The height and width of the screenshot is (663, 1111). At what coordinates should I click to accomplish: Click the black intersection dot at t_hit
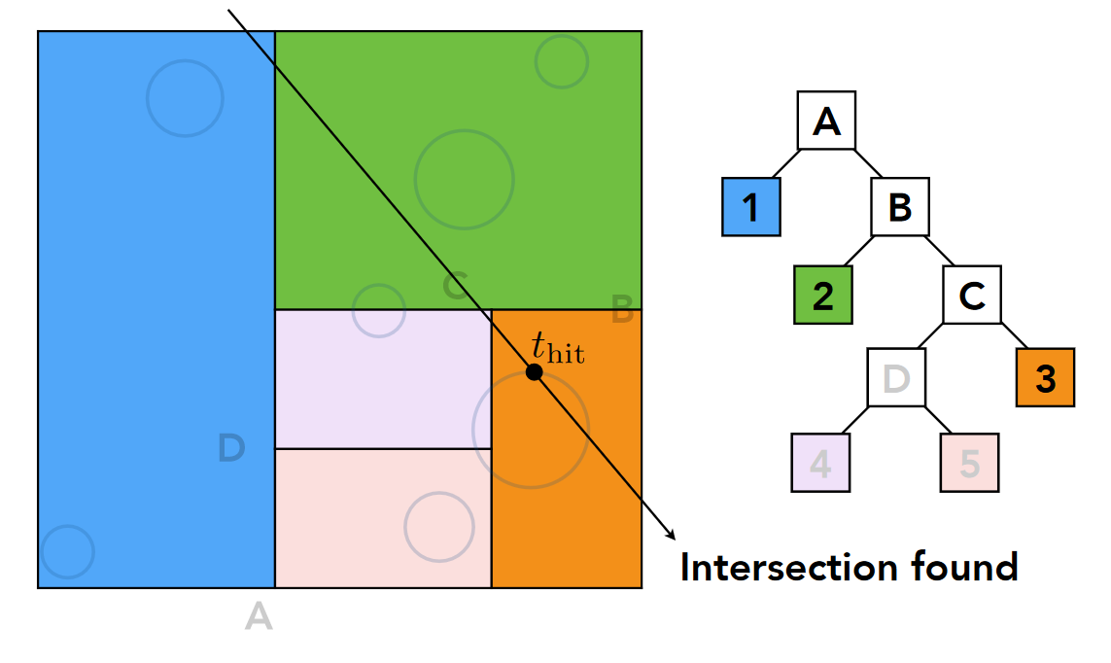pos(534,372)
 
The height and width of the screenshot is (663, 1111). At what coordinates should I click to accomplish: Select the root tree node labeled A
pos(826,122)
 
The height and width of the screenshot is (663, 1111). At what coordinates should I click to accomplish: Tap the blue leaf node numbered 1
pos(751,207)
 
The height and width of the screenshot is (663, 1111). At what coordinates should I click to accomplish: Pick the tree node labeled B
pos(899,207)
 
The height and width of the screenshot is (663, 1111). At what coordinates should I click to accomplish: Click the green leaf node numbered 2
pos(823,295)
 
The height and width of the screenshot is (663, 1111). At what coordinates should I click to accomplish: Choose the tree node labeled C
pos(972,295)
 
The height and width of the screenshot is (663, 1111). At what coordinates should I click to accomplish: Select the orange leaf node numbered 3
pos(1045,378)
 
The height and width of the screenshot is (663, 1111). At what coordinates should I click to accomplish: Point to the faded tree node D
pos(896,378)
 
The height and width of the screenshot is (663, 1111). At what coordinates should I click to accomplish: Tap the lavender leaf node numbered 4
pos(821,463)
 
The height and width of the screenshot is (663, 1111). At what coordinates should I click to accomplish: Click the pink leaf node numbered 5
pos(970,463)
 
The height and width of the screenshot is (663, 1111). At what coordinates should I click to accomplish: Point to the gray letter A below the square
pos(259,616)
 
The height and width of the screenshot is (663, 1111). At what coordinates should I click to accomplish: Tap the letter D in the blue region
pos(230,448)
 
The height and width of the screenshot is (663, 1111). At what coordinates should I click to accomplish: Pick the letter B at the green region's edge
pos(622,313)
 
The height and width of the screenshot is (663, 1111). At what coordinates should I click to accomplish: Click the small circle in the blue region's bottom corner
pos(68,552)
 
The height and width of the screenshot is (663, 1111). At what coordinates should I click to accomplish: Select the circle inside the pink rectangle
pos(439,527)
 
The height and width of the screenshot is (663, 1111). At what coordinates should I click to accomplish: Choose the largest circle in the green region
pos(464,179)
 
